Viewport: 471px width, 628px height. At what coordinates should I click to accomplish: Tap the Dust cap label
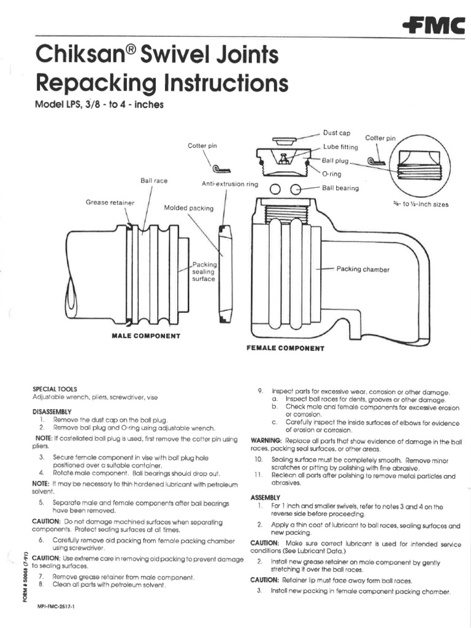coord(336,132)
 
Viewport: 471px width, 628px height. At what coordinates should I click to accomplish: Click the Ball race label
coord(154,181)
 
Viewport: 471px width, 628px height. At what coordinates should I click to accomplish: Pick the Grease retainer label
coord(110,202)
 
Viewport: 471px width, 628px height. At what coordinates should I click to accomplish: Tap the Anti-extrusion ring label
coord(230,184)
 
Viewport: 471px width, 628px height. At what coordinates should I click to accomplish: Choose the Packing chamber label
coord(363,269)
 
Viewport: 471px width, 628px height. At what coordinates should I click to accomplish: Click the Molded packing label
coord(189,208)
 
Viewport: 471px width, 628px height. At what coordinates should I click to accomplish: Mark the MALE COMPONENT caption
coord(146,336)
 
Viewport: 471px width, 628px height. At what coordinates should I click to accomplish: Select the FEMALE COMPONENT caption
coord(285,348)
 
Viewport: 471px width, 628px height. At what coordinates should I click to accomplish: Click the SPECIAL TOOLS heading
coord(53,389)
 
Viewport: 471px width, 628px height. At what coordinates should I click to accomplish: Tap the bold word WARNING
coord(266,441)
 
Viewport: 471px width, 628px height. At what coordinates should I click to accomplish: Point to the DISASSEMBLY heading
coord(52,411)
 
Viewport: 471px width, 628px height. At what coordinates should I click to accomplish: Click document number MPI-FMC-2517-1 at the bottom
coord(61,605)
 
